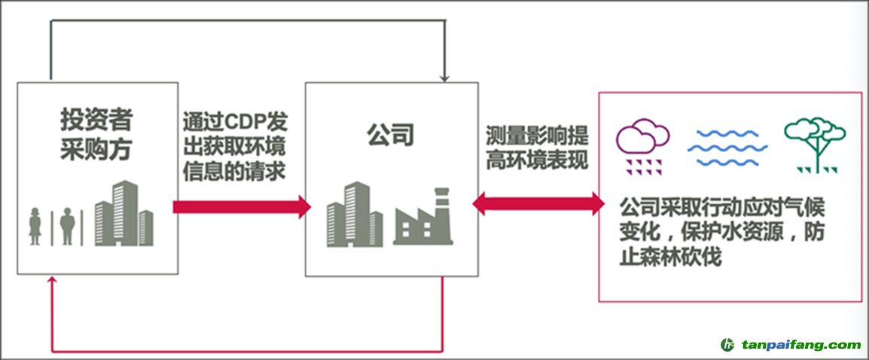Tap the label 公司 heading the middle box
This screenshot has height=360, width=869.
coord(390,136)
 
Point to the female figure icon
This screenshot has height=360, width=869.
coord(35,226)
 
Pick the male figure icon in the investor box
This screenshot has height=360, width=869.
coord(67,226)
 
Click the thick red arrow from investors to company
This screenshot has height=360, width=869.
coord(241,206)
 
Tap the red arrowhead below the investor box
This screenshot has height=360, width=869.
coord(51,282)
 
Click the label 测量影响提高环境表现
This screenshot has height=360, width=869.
coord(537,148)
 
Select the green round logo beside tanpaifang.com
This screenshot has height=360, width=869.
coord(727,345)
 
